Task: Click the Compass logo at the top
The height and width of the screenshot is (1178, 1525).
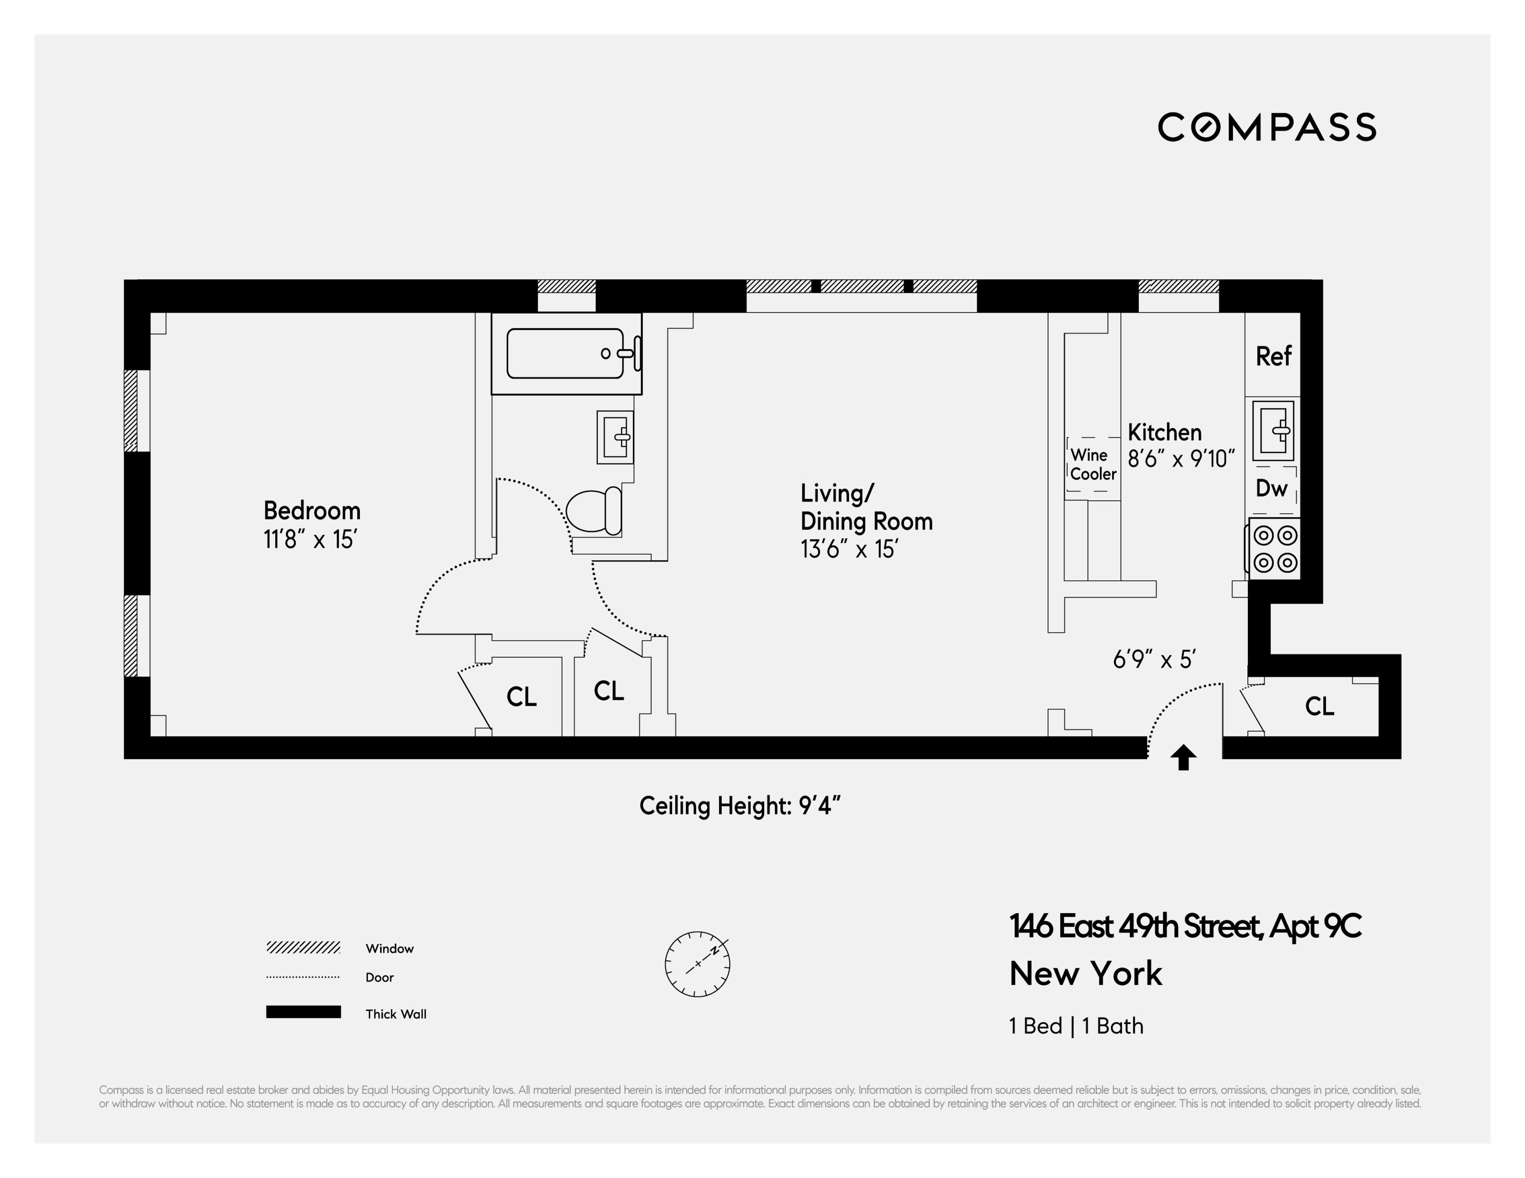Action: (1267, 127)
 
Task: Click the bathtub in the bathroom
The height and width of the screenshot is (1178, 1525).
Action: (565, 353)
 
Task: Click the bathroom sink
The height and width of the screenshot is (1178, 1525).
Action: (615, 437)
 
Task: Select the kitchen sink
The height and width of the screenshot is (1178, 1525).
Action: (1272, 430)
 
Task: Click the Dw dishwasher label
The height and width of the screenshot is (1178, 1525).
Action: (1271, 488)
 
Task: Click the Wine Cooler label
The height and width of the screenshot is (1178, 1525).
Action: (1093, 465)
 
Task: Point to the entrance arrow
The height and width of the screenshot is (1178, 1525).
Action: (1183, 757)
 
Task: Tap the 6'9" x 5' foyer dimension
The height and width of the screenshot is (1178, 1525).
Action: (1154, 659)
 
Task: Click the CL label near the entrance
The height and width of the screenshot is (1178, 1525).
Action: (1319, 706)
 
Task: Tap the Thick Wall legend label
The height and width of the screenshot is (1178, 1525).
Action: (395, 1014)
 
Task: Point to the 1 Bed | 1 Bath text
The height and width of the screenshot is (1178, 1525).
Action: (1076, 1026)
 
